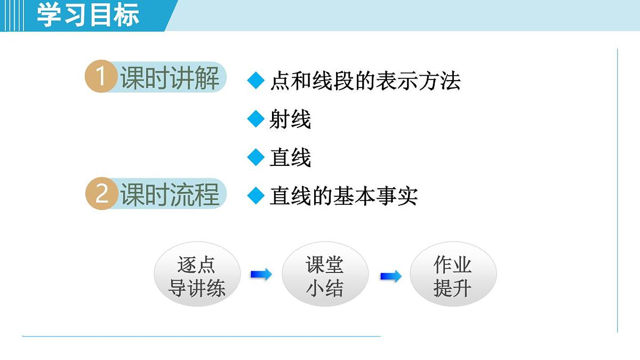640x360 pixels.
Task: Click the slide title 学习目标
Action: [88, 15]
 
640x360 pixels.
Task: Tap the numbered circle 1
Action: [101, 77]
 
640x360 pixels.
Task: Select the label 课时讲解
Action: [170, 78]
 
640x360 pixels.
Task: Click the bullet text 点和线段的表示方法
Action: [365, 81]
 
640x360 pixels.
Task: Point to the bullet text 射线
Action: [290, 119]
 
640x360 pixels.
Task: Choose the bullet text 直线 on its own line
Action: [290, 158]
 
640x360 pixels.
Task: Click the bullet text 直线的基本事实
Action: [343, 196]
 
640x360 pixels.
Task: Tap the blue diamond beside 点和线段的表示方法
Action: [256, 81]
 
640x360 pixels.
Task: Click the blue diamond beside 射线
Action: [256, 119]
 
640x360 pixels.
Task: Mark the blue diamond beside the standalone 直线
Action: [256, 157]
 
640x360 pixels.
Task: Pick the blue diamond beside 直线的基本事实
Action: [256, 196]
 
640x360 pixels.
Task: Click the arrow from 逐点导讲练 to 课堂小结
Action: [261, 275]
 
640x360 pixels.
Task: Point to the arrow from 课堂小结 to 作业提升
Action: [390, 276]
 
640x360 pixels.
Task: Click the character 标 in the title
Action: [126, 15]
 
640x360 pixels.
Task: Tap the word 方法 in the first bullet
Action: [439, 81]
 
